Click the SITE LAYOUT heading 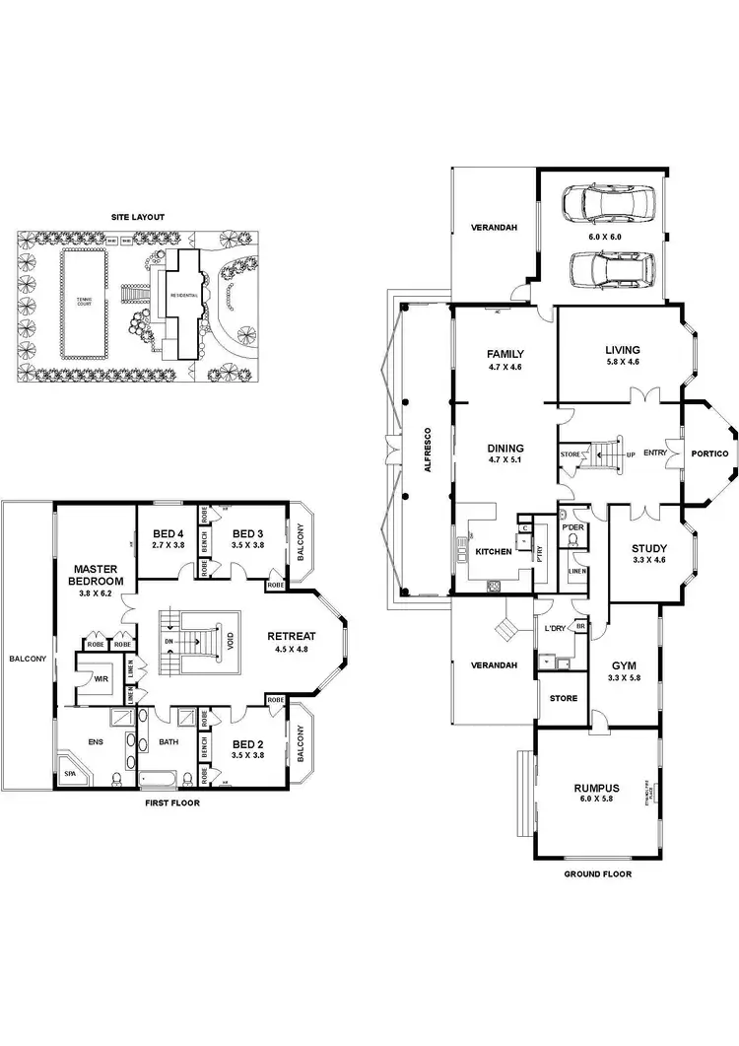(137, 216)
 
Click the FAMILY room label (504, 354)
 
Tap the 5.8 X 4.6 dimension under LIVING (623, 362)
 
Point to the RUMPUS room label (596, 789)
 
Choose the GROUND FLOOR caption (597, 873)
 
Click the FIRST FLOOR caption (171, 803)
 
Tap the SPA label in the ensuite (68, 773)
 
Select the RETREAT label (291, 636)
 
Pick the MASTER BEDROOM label (96, 576)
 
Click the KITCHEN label (494, 551)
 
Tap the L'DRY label (554, 629)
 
